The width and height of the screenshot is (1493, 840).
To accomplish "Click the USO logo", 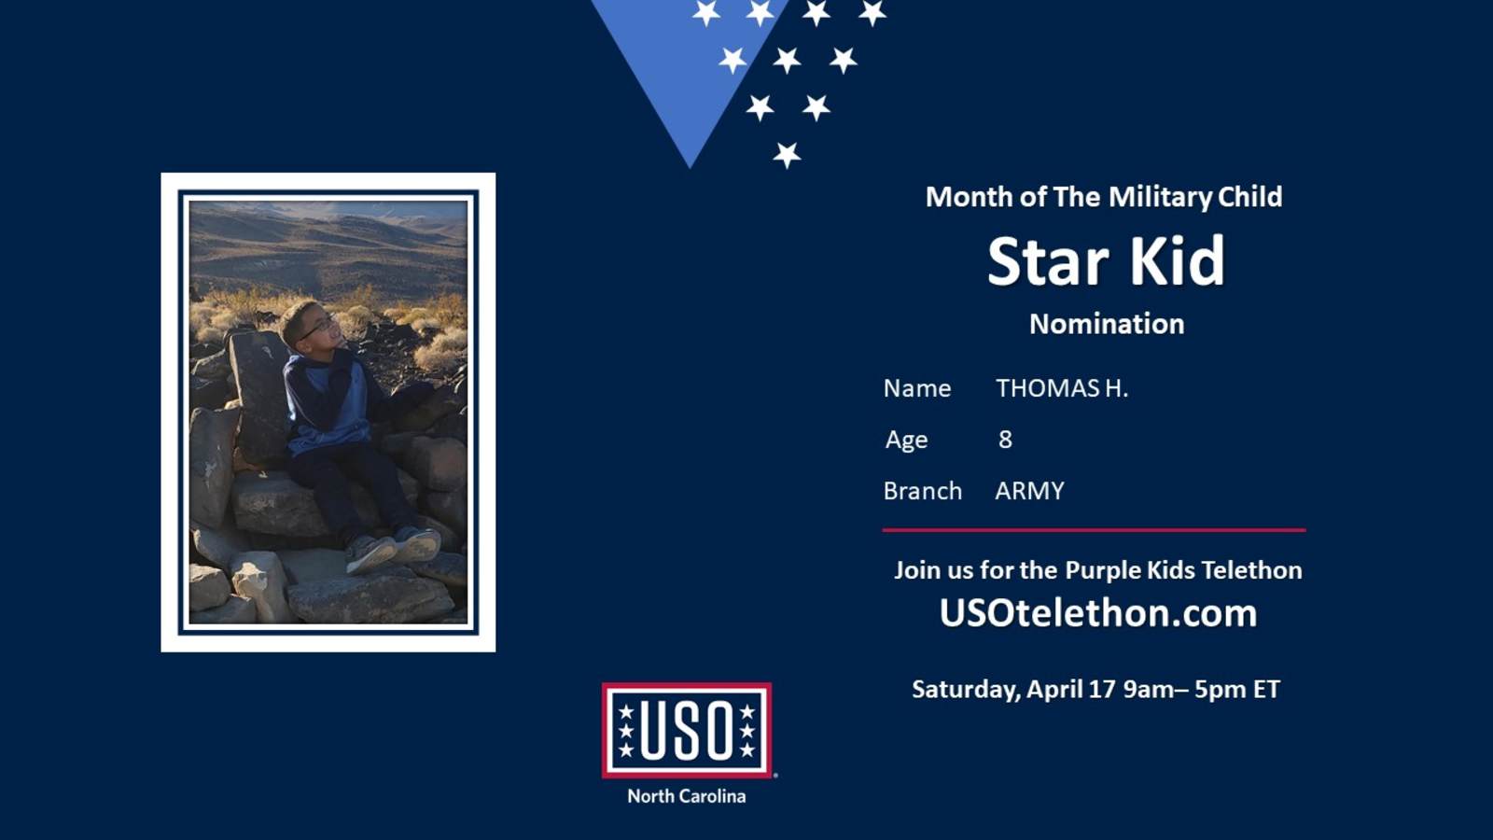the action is [687, 730].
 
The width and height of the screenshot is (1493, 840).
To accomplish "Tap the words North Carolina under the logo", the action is [687, 796].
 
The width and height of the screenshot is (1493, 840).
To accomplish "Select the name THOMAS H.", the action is [1062, 388].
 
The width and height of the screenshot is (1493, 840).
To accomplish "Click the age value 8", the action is [1005, 440].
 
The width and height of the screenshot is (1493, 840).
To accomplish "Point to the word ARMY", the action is [1030, 491].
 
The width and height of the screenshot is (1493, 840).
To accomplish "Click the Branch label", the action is [923, 491].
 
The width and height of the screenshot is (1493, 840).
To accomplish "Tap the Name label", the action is [917, 388].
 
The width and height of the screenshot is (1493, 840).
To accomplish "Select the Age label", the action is [906, 440].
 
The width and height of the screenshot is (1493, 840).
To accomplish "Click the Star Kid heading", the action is [1106, 260].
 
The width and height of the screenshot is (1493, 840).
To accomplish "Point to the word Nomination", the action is [1107, 324].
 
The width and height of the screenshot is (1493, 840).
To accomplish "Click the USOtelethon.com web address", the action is [1097, 612].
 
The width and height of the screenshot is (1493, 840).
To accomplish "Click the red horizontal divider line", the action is [1094, 530].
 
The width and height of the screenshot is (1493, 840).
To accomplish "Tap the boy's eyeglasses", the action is [316, 328].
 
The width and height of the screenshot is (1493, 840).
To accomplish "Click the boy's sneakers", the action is [393, 549].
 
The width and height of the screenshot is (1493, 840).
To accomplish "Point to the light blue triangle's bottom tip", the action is [690, 167].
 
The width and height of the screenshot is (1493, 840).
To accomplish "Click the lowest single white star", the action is [787, 155].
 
